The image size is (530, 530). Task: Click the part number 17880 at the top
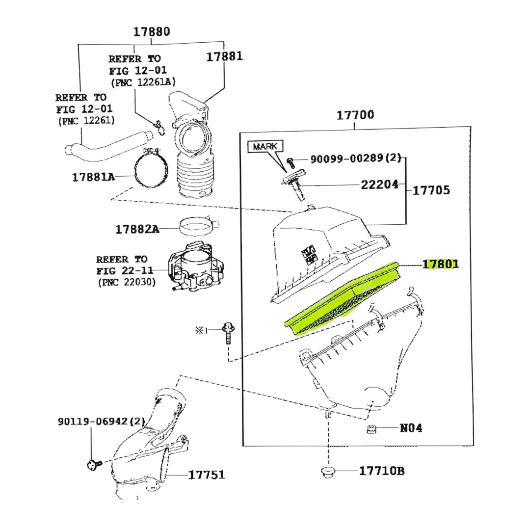152,32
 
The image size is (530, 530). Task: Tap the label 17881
224,56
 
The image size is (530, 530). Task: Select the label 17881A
93,177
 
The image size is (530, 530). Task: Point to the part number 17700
355,115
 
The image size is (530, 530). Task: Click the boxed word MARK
265,146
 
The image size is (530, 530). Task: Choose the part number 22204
380,185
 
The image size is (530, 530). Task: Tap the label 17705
431,190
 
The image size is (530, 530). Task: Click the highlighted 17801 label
441,264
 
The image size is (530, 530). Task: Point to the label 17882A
137,229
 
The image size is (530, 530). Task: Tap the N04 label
411,428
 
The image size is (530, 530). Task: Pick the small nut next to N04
372,429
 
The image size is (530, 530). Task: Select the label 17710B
382,471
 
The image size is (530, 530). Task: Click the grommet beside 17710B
327,473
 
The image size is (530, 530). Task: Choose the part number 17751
207,475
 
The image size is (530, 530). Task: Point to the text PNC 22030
127,282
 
